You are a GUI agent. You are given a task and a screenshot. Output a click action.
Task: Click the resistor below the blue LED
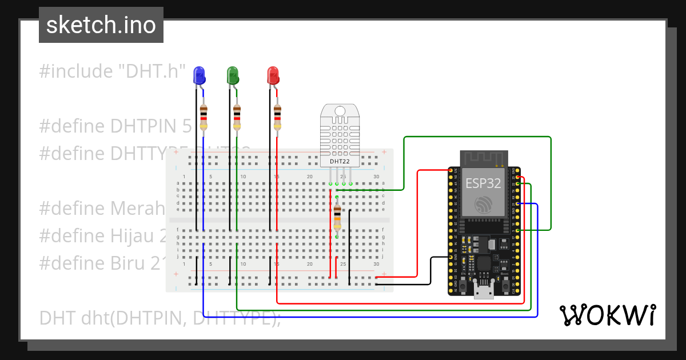coord(204,117)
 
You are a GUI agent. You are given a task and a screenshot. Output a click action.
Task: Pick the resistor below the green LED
coord(237,117)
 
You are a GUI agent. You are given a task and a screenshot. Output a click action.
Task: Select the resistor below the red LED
coord(278,117)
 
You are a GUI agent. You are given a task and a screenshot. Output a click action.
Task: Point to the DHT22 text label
coord(340,162)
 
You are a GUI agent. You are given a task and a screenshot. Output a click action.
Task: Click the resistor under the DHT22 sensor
coord(337,218)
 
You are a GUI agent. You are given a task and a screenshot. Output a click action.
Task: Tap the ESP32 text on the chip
coord(484,183)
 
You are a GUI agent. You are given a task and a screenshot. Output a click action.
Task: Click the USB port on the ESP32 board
coord(484,292)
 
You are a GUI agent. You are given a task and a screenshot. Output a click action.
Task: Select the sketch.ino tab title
coord(101,25)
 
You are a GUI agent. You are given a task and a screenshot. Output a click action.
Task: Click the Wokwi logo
coord(607,315)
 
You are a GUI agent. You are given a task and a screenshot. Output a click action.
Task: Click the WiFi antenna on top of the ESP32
coord(484,158)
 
